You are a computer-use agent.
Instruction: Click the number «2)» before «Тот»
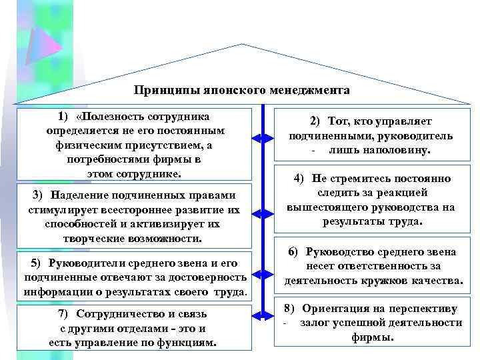(x=315, y=121)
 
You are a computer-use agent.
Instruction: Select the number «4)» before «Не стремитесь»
(x=299, y=179)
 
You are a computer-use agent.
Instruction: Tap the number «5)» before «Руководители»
(x=36, y=263)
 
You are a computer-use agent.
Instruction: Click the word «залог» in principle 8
(x=315, y=323)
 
